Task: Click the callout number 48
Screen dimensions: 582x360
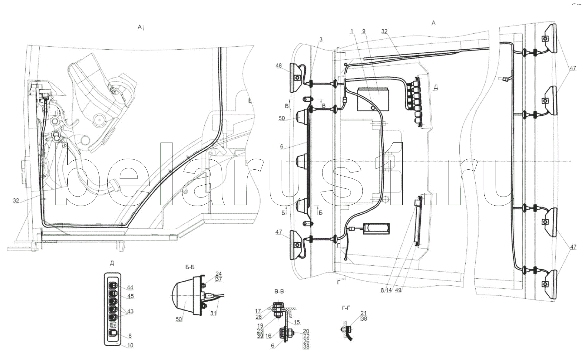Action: [x=279, y=66]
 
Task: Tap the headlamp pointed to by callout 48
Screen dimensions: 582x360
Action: [x=296, y=77]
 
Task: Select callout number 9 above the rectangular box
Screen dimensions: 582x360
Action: [x=363, y=31]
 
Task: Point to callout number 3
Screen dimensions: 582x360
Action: [x=321, y=40]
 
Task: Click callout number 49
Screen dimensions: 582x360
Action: [x=398, y=290]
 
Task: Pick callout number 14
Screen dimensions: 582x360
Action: [x=388, y=290]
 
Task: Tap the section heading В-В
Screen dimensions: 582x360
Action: [x=279, y=292]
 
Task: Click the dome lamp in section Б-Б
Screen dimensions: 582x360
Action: [x=182, y=295]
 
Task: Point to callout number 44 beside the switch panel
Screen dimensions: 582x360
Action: [x=130, y=287]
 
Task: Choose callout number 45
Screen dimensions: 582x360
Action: [x=130, y=296]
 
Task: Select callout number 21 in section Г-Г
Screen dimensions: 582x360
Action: [x=364, y=313]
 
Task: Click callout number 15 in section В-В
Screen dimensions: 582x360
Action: [x=297, y=322]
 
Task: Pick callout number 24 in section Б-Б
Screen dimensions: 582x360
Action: [x=218, y=274]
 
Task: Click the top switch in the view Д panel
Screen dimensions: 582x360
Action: [x=114, y=285]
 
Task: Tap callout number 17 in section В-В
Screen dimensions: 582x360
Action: [x=258, y=311]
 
